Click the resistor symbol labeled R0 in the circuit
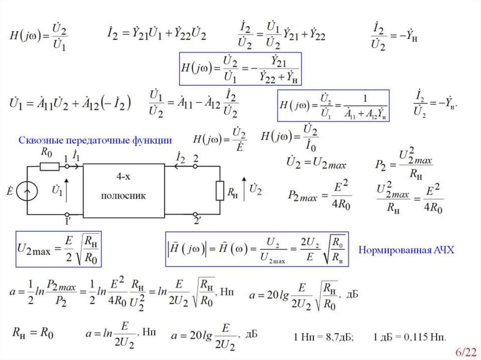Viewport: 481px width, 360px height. tap(49, 166)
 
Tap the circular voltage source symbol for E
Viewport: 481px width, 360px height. tap(27, 191)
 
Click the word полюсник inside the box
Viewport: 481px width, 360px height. tap(124, 196)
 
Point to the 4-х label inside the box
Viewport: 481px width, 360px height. tap(124, 177)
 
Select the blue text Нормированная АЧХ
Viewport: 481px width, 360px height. tap(407, 250)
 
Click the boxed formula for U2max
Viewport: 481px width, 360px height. tap(59, 249)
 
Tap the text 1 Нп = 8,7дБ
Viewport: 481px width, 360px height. tap(324, 337)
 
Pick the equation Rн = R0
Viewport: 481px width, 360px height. tap(32, 334)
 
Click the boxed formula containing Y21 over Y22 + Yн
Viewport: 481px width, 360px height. tap(240, 69)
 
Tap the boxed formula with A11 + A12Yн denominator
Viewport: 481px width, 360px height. tap(333, 106)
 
